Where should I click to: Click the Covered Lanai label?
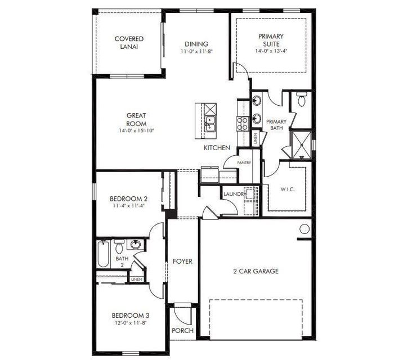129,43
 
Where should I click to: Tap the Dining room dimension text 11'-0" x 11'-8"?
196,52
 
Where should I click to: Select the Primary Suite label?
271,40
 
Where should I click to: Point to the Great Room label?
136,119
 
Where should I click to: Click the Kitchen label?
217,148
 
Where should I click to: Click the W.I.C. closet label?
287,190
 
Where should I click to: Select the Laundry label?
235,194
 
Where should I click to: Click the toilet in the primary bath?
301,101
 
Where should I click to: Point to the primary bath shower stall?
301,144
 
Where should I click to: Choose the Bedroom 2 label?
128,199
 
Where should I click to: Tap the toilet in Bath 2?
119,246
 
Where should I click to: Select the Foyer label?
182,262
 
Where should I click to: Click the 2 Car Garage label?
256,271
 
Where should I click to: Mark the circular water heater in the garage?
304,229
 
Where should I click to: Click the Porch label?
182,331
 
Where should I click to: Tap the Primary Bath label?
276,124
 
